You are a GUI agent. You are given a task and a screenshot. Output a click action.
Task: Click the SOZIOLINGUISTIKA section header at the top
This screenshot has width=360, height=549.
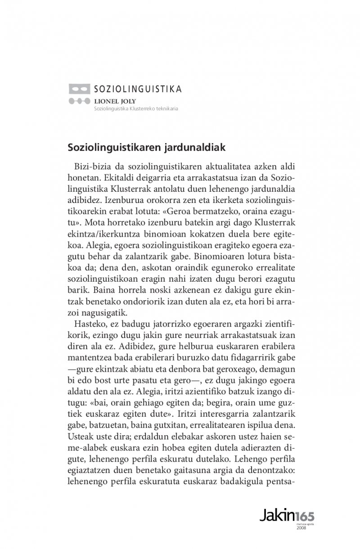coord(138,89)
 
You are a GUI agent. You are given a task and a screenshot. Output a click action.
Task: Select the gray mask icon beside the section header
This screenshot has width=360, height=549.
coord(79,89)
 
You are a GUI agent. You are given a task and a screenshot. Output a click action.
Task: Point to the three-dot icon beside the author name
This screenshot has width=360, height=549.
coord(79,101)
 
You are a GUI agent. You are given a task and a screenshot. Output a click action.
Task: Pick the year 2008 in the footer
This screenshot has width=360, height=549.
coord(301,528)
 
